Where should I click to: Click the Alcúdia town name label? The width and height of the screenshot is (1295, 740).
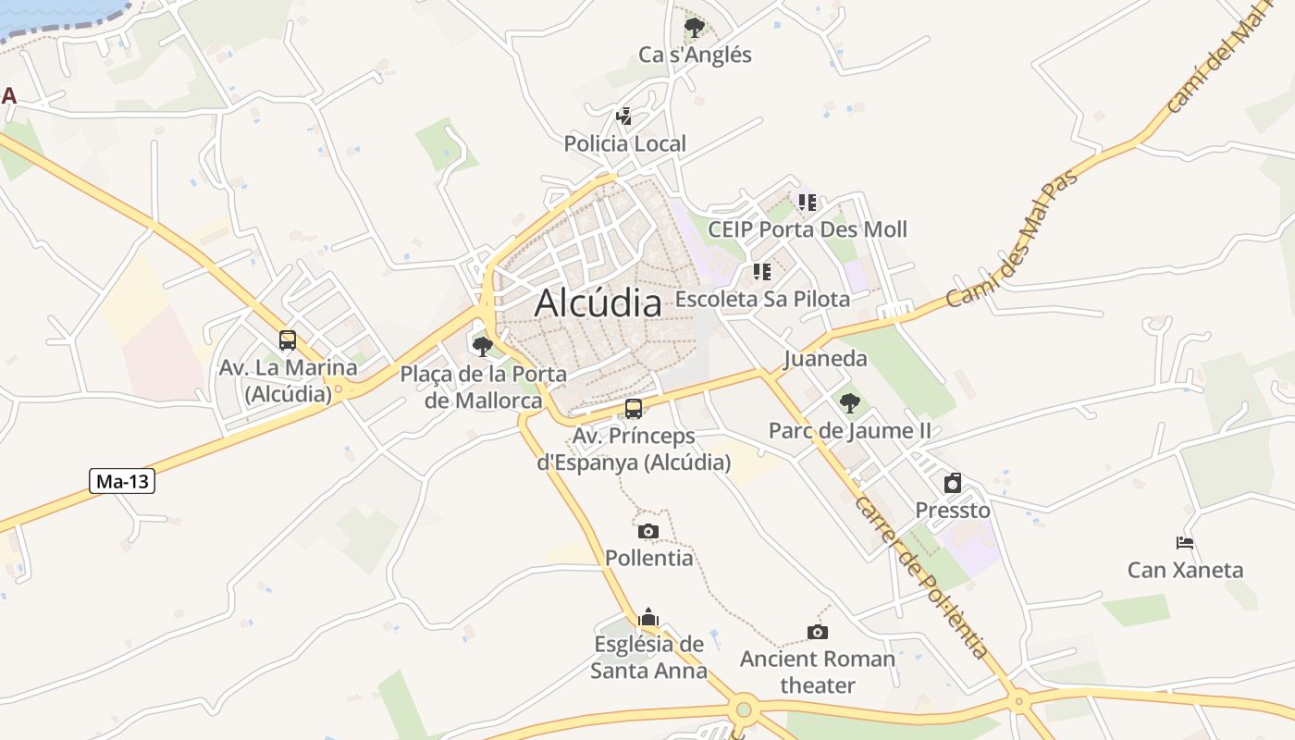598,302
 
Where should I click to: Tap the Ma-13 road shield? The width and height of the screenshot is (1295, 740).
122,481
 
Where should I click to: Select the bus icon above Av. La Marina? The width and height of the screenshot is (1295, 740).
288,340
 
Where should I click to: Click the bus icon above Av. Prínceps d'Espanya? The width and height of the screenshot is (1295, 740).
634,409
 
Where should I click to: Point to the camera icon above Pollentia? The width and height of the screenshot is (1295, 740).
648,531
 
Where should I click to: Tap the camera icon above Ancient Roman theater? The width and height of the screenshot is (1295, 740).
817,632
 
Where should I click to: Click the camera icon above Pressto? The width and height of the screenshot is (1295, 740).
953,483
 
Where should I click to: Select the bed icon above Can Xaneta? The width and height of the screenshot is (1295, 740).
1185,543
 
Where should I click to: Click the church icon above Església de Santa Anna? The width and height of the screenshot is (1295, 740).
648,617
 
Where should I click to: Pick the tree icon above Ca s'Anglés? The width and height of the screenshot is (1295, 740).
695,28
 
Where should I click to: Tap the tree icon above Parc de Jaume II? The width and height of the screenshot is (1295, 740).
849,403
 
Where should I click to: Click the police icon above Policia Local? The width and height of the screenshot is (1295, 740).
624,117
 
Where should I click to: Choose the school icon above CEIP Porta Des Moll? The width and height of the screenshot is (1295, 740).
808,202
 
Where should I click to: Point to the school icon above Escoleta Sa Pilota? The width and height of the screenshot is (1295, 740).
762,272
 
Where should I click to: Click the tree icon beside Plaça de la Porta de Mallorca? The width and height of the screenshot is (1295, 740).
482,347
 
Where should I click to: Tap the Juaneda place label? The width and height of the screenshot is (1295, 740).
825,359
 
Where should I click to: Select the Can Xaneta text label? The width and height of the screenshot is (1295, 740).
1185,570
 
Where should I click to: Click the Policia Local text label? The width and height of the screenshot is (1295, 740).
625,143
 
